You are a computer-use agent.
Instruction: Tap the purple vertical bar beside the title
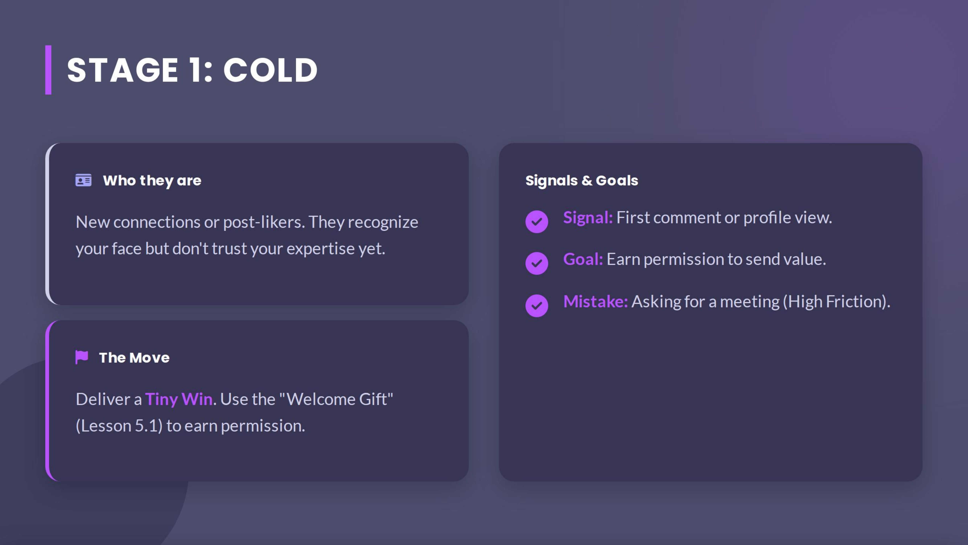point(48,70)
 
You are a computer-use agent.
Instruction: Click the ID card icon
point(83,180)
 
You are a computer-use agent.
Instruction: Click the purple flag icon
point(81,357)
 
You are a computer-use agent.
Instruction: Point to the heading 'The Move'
point(134,358)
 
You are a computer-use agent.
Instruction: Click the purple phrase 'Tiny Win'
point(179,399)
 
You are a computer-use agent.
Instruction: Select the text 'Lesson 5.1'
point(119,426)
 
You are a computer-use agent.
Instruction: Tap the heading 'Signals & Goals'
point(581,181)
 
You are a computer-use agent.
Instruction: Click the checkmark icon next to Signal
point(537,221)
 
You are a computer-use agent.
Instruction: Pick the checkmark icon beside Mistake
point(537,305)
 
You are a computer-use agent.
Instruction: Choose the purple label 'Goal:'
point(583,259)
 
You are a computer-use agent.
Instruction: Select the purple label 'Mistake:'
point(595,302)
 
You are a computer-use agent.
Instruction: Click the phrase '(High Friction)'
point(836,302)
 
